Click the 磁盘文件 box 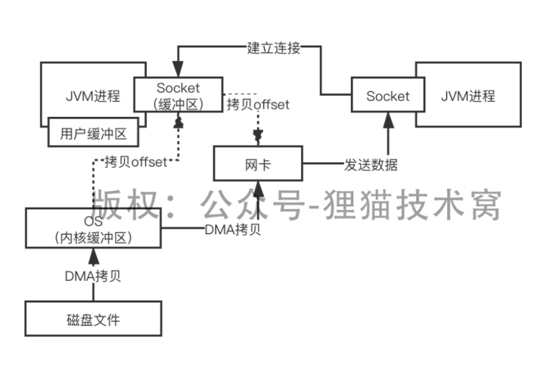point(93,318)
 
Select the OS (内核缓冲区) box point(93,228)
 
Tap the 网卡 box point(257,164)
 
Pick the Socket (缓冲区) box point(178,96)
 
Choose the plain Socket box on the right point(388,96)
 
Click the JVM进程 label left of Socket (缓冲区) point(93,96)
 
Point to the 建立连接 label point(273,48)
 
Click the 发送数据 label point(371,165)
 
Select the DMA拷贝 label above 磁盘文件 point(94,277)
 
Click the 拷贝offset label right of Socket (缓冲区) point(257,104)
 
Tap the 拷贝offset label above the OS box point(135,161)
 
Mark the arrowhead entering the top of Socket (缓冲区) point(178,70)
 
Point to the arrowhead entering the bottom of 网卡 point(258,189)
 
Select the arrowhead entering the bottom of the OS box point(94,257)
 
